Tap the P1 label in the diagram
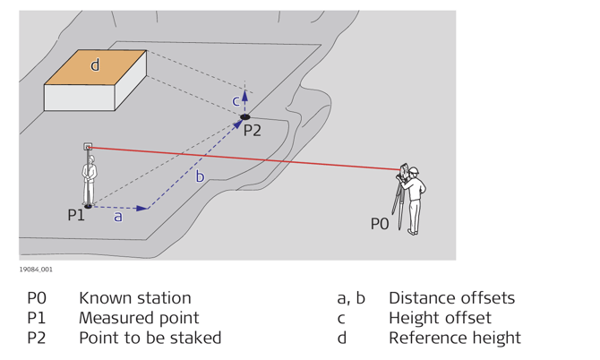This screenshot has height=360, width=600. click(x=76, y=215)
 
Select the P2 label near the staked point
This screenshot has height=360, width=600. click(x=253, y=130)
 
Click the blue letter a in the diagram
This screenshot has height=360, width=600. click(x=117, y=217)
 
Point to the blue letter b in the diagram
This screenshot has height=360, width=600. click(x=200, y=177)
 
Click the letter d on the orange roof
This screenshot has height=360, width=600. click(x=95, y=65)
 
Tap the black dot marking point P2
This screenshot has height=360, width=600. click(x=244, y=116)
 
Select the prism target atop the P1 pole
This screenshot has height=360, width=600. click(x=88, y=146)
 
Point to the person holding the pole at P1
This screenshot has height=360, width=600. click(x=90, y=179)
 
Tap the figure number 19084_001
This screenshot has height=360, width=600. click(x=36, y=269)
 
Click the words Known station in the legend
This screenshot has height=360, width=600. click(x=134, y=298)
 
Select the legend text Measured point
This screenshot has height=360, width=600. click(x=139, y=318)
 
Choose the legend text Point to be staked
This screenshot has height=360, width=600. click(x=150, y=338)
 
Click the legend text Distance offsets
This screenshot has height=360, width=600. click(x=451, y=298)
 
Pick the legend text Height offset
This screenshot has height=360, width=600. click(x=440, y=318)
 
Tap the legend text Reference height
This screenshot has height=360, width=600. click(x=454, y=338)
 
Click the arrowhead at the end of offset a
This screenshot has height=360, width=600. click(x=142, y=208)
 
